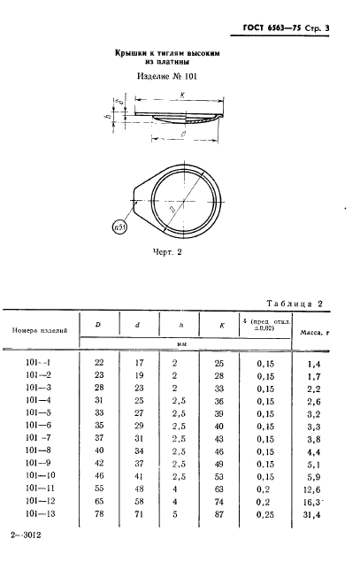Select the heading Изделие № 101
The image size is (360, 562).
167,76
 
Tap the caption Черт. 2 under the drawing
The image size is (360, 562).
167,252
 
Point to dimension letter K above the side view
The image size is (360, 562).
182,96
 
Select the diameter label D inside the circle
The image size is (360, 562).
172,210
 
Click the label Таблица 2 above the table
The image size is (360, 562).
295,304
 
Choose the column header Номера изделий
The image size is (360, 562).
40,330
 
